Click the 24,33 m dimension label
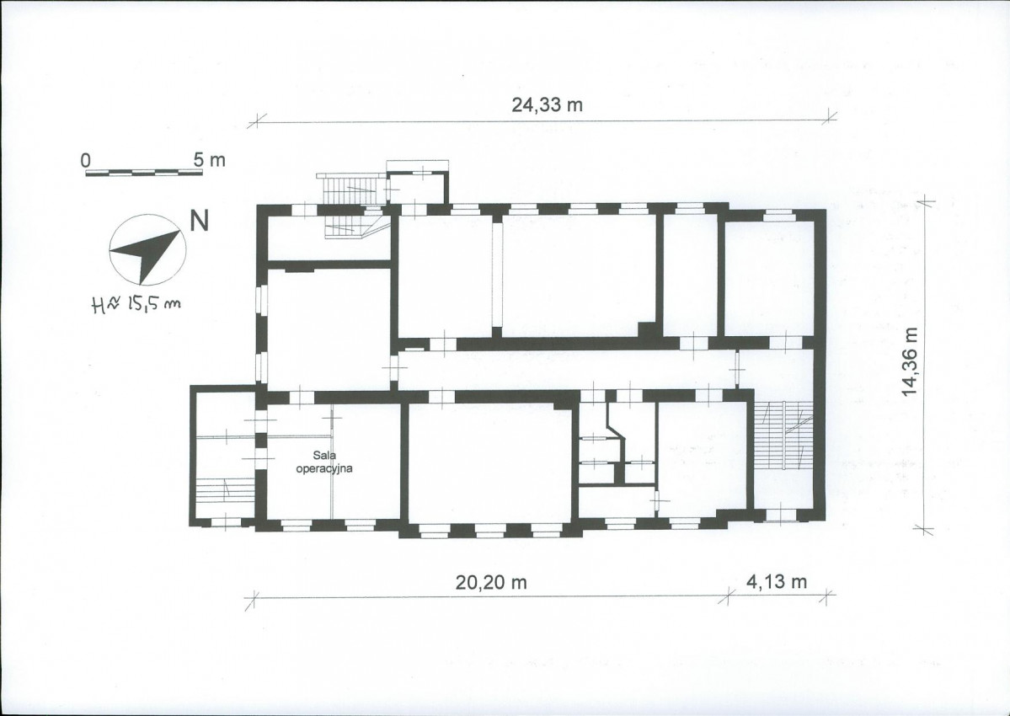547,104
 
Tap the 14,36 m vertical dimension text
910,361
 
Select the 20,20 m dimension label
491,582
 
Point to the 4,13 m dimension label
776,581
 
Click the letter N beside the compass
200,221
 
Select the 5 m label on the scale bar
210,160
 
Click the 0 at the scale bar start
86,160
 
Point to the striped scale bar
144,173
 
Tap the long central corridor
567,371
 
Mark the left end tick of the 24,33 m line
257,120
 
